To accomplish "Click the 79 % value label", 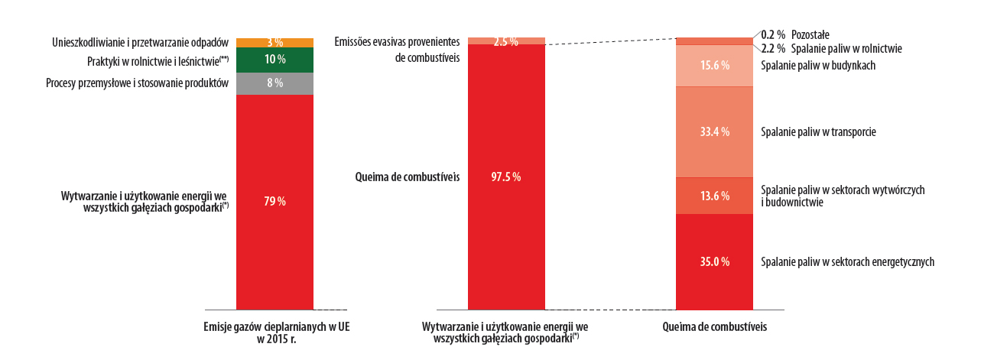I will click(275, 201).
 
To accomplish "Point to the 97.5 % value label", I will click(506, 177).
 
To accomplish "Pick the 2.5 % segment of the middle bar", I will click(506, 41).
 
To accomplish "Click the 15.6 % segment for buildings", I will click(715, 66).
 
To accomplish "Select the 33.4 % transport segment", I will click(715, 131).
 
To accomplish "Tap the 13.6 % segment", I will click(715, 196).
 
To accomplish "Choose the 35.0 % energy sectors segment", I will click(715, 261).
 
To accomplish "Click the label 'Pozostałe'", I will click(810, 34).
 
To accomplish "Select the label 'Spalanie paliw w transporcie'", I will click(818, 131).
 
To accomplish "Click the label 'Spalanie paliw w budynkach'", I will click(818, 66).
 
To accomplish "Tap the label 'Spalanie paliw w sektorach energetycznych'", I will click(848, 261).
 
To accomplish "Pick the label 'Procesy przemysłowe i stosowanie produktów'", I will click(137, 83).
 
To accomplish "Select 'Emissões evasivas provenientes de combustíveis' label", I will click(397, 50).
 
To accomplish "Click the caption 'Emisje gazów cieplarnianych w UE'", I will click(277, 326).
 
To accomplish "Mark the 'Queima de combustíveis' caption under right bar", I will click(713, 326).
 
